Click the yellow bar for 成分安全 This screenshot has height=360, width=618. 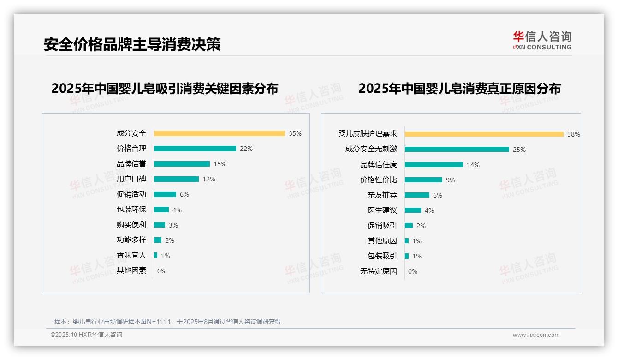click(219, 133)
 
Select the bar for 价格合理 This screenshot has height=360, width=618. click(195, 149)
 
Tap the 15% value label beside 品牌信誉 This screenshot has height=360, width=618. click(220, 164)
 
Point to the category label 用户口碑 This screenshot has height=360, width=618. click(131, 179)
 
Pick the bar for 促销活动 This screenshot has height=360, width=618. click(165, 194)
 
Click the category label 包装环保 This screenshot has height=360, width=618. click(131, 210)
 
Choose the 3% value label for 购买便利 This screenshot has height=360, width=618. click(173, 225)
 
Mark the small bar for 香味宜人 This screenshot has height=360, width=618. click(156, 255)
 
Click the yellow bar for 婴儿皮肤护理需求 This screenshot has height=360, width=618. click(484, 134)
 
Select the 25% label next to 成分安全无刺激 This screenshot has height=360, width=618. click(519, 150)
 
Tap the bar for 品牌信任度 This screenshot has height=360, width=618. click(434, 165)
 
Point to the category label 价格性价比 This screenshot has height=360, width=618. click(378, 180)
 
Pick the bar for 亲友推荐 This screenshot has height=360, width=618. click(417, 195)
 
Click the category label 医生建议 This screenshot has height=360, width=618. click(382, 210)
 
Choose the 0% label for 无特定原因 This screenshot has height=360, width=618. click(412, 271)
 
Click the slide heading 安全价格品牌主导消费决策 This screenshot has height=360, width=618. click(132, 44)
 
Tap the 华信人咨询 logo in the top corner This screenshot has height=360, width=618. click(542, 40)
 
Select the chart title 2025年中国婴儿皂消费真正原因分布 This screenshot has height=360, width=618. click(459, 88)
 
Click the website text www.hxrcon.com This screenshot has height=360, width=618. click(536, 335)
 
